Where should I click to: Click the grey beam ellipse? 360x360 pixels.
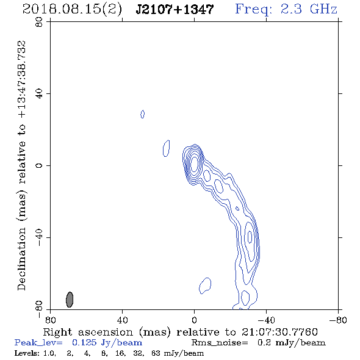(x=70, y=300)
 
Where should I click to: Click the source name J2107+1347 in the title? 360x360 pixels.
(x=175, y=9)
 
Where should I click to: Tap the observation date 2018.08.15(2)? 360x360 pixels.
(x=73, y=9)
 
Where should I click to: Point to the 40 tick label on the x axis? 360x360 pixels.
(x=122, y=320)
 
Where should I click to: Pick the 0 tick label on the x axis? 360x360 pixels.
(x=194, y=320)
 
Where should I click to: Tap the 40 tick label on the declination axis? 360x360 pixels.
(x=39, y=94)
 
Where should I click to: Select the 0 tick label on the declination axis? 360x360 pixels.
(x=39, y=165)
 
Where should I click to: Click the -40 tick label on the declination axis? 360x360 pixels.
(x=39, y=237)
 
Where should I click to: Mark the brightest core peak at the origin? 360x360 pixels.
(x=194, y=164)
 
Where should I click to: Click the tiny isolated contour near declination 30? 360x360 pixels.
(x=142, y=114)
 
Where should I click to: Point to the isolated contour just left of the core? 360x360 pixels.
(x=166, y=148)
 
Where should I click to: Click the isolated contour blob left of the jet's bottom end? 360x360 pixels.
(x=205, y=286)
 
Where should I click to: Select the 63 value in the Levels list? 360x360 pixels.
(x=156, y=353)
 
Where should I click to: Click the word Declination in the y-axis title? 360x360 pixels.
(x=21, y=258)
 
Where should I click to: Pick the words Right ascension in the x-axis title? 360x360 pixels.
(x=88, y=332)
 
